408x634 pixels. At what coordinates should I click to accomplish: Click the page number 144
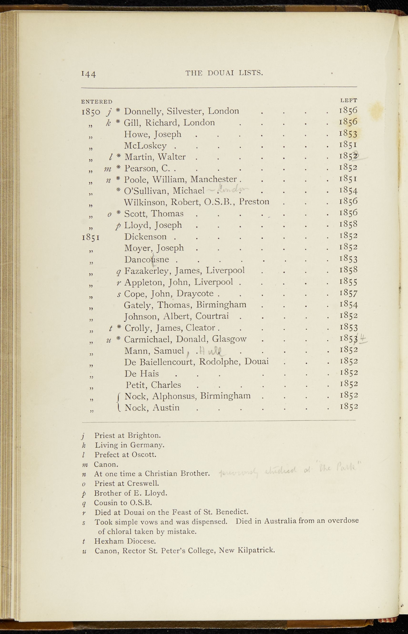click(x=88, y=74)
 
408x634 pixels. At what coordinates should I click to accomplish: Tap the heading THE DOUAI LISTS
click(x=224, y=73)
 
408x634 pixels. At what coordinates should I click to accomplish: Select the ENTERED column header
click(x=97, y=102)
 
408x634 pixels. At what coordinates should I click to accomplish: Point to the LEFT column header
click(x=349, y=100)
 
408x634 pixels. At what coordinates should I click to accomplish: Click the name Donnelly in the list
click(x=140, y=111)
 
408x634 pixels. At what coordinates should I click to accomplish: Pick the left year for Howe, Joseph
click(x=348, y=134)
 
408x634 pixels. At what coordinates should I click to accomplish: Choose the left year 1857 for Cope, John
click(x=349, y=293)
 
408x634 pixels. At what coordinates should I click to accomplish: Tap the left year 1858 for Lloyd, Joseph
click(x=349, y=224)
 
